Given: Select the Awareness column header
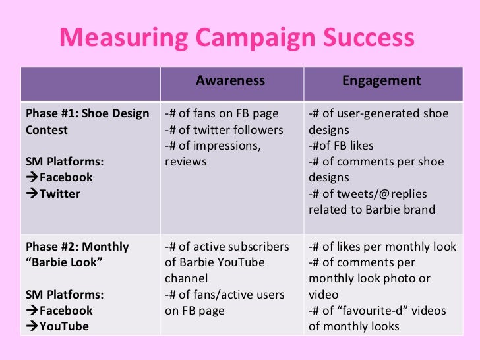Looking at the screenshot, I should coord(230,81).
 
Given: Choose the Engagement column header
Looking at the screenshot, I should coord(381,81).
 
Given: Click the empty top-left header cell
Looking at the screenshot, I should coord(90,82).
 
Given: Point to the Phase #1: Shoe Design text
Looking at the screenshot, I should coord(87,113).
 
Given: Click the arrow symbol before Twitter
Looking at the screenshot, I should coord(32,194).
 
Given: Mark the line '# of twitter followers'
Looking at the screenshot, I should coord(224,130).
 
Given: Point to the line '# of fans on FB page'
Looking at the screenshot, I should coord(222,113).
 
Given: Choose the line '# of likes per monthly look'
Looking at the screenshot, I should coord(382,247).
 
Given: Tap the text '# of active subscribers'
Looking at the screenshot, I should coord(227,247).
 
